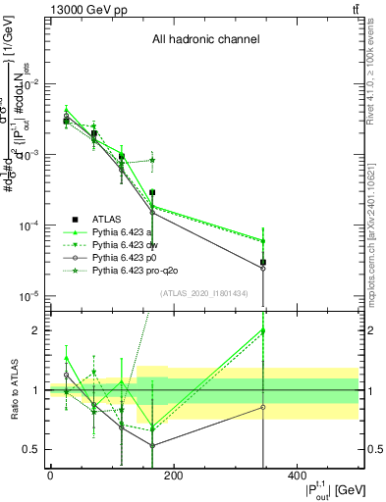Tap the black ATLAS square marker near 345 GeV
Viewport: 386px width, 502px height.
tap(262, 262)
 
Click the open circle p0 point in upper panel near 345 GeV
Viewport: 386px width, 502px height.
tap(262, 268)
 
